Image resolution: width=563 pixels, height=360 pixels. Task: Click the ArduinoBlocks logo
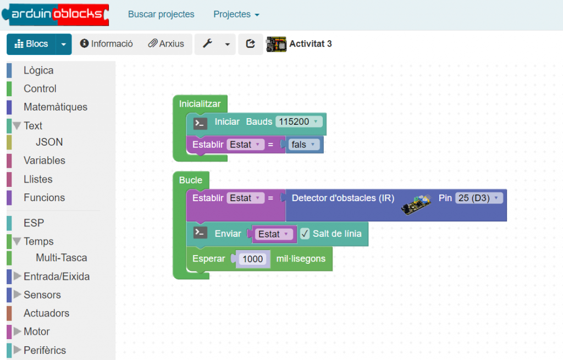click(x=55, y=14)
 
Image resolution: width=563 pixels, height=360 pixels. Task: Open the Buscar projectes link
click(x=161, y=14)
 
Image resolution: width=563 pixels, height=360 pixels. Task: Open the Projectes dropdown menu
click(x=236, y=14)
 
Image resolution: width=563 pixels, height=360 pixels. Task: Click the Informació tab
click(x=107, y=44)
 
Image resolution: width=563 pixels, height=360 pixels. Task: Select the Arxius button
click(x=166, y=44)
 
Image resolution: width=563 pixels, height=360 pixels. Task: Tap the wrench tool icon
click(x=208, y=44)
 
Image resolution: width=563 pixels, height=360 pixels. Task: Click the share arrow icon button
click(x=251, y=44)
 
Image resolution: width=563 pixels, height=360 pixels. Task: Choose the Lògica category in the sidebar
click(x=38, y=70)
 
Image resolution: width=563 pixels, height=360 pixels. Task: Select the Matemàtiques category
click(x=55, y=107)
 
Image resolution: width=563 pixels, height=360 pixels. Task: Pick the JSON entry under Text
click(x=49, y=142)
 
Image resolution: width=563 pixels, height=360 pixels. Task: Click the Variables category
click(x=44, y=160)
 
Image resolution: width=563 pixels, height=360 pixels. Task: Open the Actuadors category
click(x=46, y=313)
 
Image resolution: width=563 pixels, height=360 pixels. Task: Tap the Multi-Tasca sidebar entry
click(x=61, y=258)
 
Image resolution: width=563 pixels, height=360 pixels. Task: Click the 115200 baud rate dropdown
click(x=299, y=121)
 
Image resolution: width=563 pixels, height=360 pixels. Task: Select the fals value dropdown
click(x=303, y=145)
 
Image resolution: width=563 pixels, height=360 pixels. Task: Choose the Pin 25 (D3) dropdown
click(x=479, y=198)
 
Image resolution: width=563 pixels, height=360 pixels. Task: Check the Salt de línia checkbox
click(x=306, y=234)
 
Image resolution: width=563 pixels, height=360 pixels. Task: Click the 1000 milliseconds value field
click(x=253, y=259)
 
